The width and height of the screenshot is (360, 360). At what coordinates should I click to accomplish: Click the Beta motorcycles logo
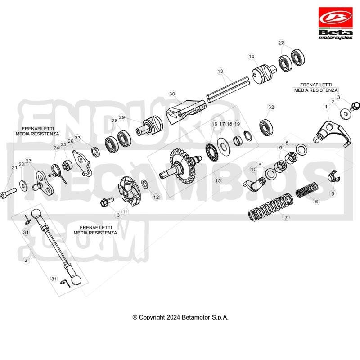335,23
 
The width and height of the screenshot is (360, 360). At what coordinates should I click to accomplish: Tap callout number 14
252,57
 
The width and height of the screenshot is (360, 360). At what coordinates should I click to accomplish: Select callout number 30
172,94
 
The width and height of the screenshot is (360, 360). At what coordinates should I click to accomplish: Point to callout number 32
271,107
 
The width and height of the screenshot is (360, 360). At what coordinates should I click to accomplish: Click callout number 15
218,180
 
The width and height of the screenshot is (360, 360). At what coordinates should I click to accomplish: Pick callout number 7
286,217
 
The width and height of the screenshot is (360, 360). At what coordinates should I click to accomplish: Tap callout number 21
14,167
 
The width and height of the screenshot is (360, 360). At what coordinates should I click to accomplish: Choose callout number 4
27,261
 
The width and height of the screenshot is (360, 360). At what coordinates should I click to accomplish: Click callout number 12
156,197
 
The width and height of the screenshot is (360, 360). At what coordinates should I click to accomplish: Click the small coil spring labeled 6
307,190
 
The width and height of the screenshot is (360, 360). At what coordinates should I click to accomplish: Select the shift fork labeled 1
332,134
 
